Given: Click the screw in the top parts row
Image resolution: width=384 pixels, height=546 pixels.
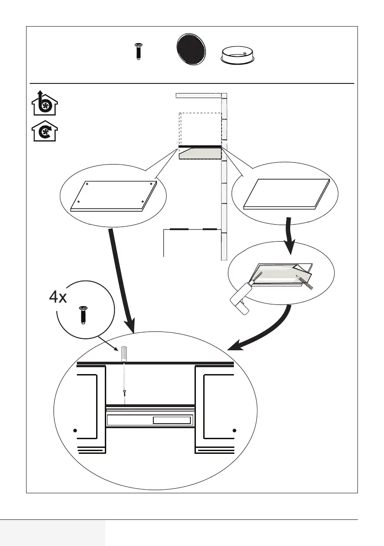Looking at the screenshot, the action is coord(138,51).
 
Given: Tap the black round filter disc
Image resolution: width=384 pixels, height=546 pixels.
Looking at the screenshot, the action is coord(191,49).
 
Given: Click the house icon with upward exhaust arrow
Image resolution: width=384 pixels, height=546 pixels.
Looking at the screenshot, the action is coord(44,103).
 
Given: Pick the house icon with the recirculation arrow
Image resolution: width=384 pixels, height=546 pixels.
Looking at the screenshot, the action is coord(44,131).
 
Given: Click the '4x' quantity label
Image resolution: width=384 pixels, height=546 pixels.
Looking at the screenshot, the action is coord(58,297).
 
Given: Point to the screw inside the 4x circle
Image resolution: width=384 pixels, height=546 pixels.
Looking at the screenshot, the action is coord(83,315).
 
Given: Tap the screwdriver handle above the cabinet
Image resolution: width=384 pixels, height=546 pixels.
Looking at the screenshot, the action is coord(124,353).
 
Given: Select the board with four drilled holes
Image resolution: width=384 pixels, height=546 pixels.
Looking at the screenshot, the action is coord(114,196).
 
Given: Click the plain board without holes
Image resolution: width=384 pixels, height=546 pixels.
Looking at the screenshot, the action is coord(287,194).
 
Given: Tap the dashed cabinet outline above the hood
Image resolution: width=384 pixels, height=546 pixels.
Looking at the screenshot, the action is coord(200,128).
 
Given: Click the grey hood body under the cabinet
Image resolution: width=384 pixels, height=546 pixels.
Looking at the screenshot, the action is coord(200,153).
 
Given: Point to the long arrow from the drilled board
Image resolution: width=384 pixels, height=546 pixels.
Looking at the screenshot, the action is coord(121,281).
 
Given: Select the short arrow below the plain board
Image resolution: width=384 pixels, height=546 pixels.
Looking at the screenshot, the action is coord(289,235).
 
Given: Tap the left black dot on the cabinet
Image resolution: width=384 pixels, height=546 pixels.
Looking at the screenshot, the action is coord(75,430).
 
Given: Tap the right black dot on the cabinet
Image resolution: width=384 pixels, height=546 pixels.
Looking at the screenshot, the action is coord(234,430).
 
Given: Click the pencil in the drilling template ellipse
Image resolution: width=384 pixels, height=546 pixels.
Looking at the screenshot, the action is coord(304,281).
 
